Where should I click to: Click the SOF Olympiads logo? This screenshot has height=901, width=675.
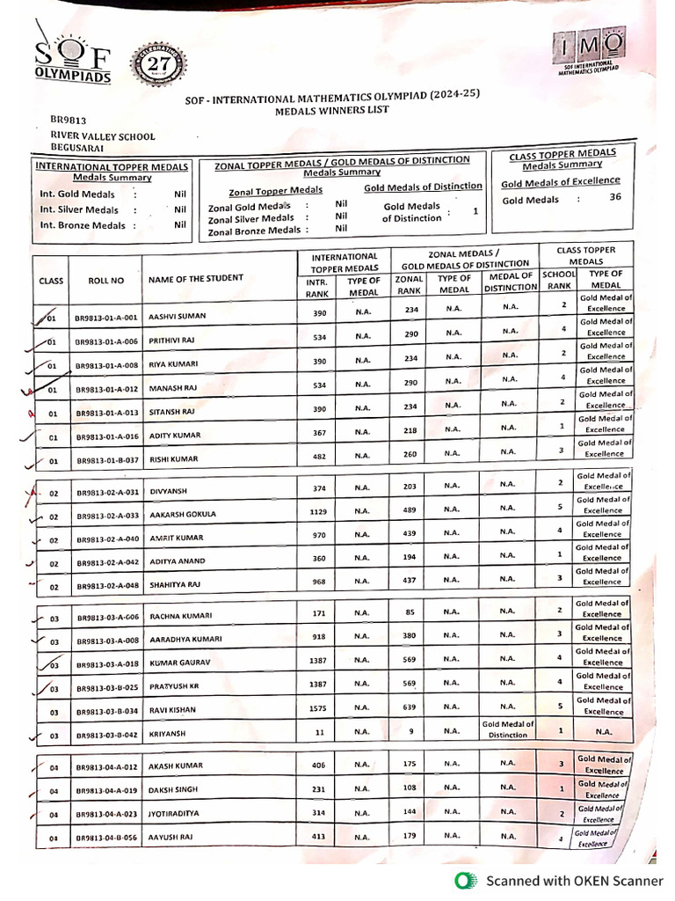75,60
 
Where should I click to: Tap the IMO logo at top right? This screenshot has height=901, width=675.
590,50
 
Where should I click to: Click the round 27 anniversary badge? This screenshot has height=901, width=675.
159,65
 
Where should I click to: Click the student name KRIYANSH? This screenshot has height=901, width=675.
168,732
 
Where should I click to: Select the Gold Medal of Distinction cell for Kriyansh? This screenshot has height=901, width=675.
507,729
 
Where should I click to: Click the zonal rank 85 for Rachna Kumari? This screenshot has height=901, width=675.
410,611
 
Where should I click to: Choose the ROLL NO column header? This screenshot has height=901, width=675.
106,281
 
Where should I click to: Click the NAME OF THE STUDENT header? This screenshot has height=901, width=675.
195,279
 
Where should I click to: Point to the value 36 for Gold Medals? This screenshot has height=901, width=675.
614,197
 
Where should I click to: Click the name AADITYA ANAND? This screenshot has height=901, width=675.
177,561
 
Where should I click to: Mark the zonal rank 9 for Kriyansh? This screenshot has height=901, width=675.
410,731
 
